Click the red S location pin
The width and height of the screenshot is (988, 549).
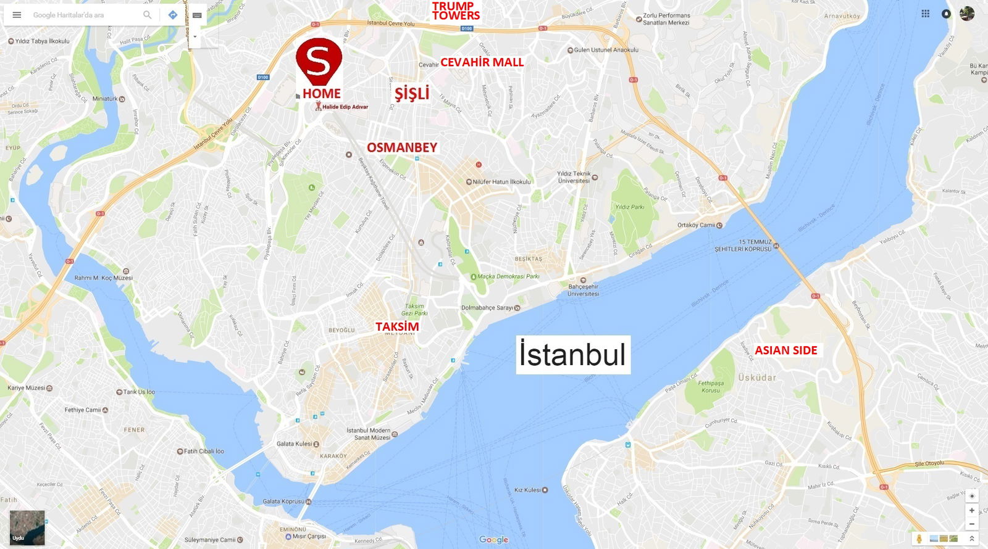pyautogui.click(x=319, y=60)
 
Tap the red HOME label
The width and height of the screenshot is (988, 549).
pyautogui.click(x=322, y=94)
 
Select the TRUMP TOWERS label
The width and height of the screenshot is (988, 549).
pyautogui.click(x=456, y=11)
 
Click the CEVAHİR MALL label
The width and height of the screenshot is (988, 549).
pyautogui.click(x=482, y=62)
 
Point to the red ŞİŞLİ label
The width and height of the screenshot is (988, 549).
pyautogui.click(x=412, y=93)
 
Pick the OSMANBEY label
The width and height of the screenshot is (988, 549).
pyautogui.click(x=402, y=147)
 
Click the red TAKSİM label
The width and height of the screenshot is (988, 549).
pyautogui.click(x=397, y=326)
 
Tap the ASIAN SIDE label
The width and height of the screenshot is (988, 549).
pyautogui.click(x=785, y=350)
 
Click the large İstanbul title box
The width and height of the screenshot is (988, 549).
pyautogui.click(x=573, y=355)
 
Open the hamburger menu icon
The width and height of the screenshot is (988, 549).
pyautogui.click(x=17, y=15)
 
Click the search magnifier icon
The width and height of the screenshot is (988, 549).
pyautogui.click(x=147, y=15)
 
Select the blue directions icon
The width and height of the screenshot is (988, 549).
pyautogui.click(x=173, y=15)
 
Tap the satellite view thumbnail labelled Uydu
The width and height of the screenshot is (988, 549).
pyautogui.click(x=27, y=527)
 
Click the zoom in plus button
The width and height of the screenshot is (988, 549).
pyautogui.click(x=972, y=510)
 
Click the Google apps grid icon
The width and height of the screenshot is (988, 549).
pyautogui.click(x=925, y=14)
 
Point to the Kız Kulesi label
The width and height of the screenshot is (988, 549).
pyautogui.click(x=527, y=490)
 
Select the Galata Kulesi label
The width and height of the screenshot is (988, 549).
pyautogui.click(x=295, y=444)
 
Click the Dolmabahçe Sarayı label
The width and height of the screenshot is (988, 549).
pyautogui.click(x=487, y=308)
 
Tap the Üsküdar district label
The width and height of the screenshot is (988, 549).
pyautogui.click(x=757, y=377)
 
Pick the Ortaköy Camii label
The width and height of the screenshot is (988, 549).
pyautogui.click(x=696, y=225)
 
